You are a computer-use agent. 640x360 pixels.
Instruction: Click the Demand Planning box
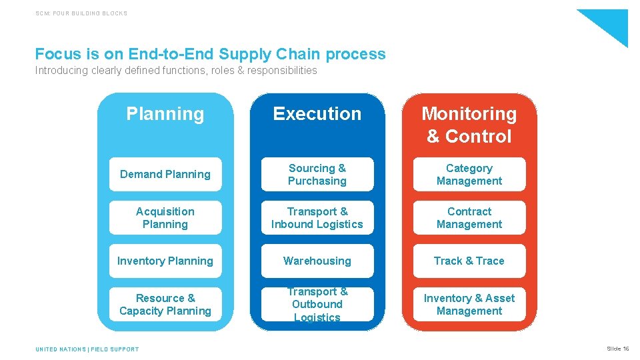tap(165, 175)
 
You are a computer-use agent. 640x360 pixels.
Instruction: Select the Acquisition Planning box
tap(165, 218)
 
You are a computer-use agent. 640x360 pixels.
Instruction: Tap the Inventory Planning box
tap(165, 261)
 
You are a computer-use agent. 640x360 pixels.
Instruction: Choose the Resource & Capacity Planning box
tap(165, 305)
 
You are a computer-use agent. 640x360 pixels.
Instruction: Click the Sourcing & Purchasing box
tap(317, 175)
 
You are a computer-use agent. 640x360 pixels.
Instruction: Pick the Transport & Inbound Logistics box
tap(317, 218)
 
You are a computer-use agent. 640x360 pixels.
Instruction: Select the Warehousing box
tap(317, 261)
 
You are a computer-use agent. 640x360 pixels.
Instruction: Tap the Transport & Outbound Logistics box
tap(317, 305)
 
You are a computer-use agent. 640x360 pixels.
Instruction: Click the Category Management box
tap(469, 175)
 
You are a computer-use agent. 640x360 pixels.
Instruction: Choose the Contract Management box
tap(469, 218)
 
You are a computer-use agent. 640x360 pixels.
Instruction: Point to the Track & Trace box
tap(469, 261)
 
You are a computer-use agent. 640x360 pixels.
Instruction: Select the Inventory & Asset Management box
tap(469, 305)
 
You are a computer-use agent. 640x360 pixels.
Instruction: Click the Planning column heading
tap(165, 114)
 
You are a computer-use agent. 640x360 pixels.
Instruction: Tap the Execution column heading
tap(317, 114)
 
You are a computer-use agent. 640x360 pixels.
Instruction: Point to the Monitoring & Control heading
tap(469, 125)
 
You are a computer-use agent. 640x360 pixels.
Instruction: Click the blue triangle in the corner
tap(610, 23)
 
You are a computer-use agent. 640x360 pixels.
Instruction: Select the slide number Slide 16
tap(617, 349)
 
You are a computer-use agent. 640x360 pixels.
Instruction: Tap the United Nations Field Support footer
tap(87, 349)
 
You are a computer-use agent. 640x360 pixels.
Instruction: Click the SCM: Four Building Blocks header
tap(81, 13)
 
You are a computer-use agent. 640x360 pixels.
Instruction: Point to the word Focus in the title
tap(57, 54)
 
